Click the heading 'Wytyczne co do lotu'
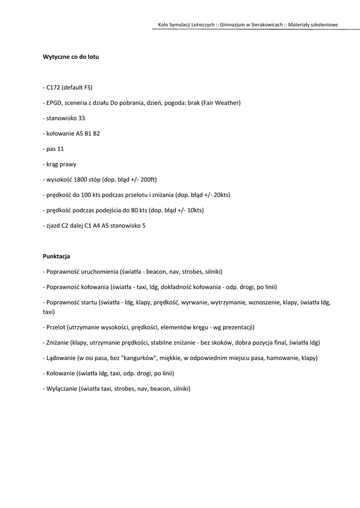pyautogui.click(x=71, y=57)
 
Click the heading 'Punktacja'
pyautogui.click(x=56, y=256)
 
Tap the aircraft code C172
pyautogui.click(x=53, y=87)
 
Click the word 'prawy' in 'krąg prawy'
pyautogui.click(x=68, y=164)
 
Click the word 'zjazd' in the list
pyautogui.click(x=53, y=226)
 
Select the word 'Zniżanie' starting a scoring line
pyautogui.click(x=58, y=343)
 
